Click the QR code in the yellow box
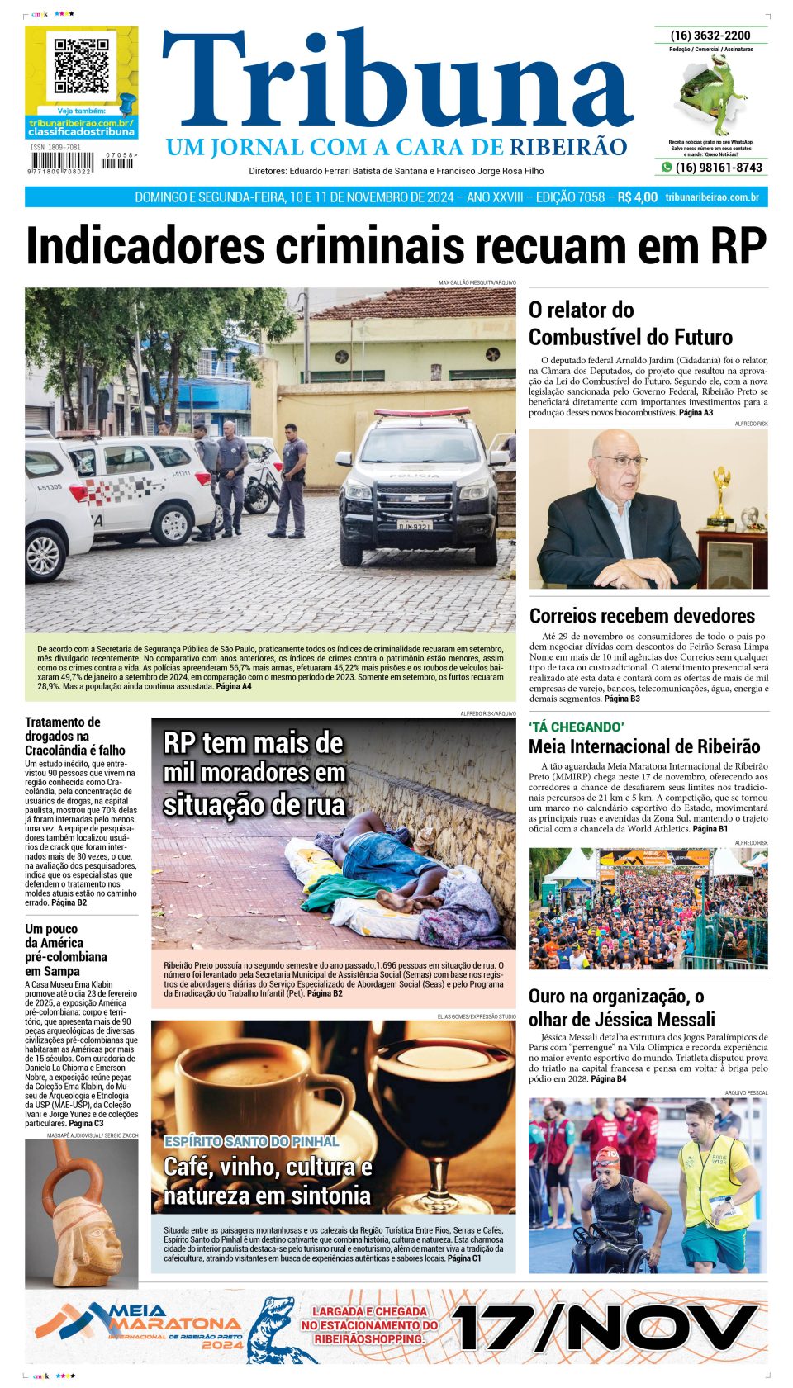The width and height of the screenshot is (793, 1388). click(x=81, y=65)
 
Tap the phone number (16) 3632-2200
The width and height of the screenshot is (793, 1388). click(x=710, y=36)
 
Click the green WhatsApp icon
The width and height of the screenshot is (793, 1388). click(x=666, y=168)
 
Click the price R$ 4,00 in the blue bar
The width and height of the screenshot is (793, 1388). click(x=638, y=197)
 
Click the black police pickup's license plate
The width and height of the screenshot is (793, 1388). click(x=414, y=525)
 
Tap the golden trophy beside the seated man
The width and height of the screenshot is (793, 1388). click(x=721, y=496)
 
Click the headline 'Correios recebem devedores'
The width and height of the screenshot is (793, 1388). click(x=642, y=616)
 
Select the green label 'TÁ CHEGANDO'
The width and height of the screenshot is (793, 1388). click(x=577, y=727)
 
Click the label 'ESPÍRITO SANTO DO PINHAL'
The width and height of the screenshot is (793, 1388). click(x=251, y=1141)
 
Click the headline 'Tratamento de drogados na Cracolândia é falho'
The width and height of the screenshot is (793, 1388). click(x=75, y=736)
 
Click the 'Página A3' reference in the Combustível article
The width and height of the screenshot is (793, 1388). click(x=696, y=412)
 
